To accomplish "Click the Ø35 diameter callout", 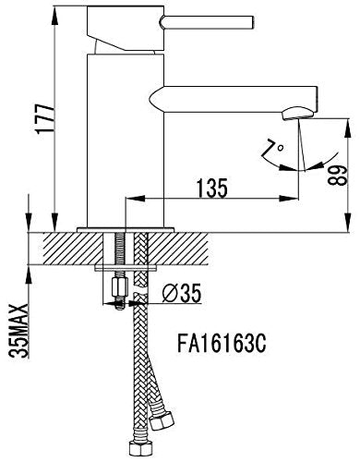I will pos(180,295).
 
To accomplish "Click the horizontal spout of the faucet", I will pos(240,95).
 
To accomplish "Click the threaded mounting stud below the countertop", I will pos(118,259).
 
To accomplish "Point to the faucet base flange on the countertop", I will pos(125,227).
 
